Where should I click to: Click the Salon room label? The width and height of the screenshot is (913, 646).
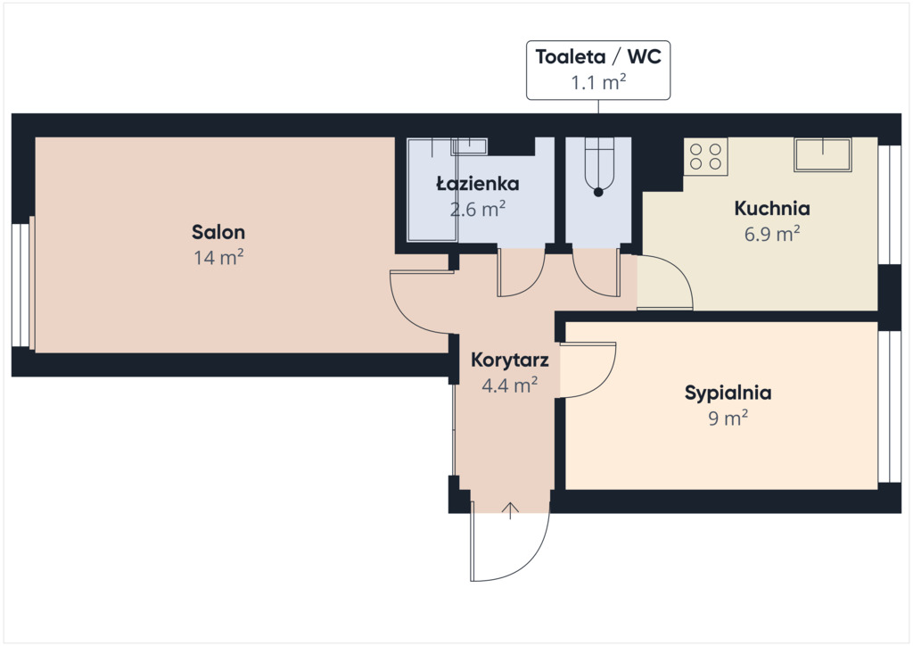pos(218,232)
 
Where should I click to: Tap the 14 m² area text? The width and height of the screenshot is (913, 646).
pos(218,257)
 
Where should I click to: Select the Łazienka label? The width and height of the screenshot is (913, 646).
pos(478,184)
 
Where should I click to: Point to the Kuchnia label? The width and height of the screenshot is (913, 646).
pos(772,208)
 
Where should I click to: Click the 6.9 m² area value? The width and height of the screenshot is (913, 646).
pos(772,233)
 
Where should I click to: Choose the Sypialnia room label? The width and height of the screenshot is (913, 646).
pos(728,393)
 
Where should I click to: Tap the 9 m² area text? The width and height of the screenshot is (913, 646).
pos(728,418)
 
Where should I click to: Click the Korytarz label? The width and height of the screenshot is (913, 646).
pos(509,360)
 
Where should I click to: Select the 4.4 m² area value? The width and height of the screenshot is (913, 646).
pos(509,385)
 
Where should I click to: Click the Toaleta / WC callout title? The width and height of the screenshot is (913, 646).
pos(598,56)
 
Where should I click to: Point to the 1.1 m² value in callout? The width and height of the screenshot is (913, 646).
pos(598,82)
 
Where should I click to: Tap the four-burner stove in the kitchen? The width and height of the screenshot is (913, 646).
pos(706,156)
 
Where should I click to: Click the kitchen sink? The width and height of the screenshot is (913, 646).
pos(823,154)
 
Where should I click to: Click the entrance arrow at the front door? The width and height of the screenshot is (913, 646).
pos(510,510)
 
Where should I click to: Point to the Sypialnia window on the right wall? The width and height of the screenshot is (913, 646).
pos(889,407)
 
